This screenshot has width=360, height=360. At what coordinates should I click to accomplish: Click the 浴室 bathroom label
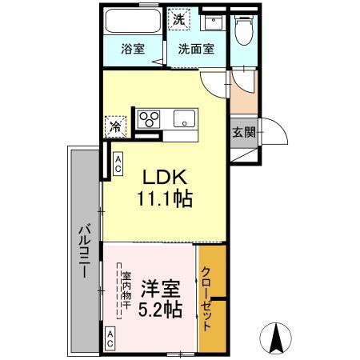[x=134, y=49]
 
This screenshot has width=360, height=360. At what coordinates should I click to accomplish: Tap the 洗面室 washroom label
[x=196, y=49]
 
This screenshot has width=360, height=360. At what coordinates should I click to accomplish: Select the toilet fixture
[x=244, y=30]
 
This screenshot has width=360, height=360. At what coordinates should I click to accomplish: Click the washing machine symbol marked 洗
[x=182, y=18]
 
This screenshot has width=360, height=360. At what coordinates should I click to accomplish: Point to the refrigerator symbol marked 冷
[x=115, y=126]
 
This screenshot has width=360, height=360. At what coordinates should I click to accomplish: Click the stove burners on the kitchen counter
[x=149, y=120]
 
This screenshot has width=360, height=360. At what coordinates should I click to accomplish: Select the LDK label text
[x=167, y=175]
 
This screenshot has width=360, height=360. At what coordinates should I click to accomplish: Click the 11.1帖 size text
[x=167, y=198]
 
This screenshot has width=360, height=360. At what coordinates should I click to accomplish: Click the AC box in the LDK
[x=118, y=165]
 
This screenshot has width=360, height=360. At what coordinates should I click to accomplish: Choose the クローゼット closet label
[x=206, y=299]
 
